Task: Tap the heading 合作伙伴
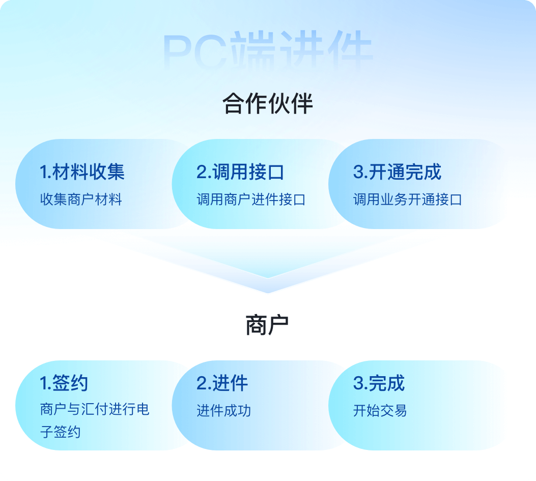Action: click(x=268, y=103)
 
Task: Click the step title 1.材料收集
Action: click(x=82, y=172)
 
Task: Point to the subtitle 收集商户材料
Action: click(x=81, y=200)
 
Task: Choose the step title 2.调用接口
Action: click(x=240, y=172)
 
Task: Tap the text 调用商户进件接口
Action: click(x=251, y=200)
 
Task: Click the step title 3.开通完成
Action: click(x=397, y=172)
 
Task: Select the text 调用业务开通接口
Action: click(x=408, y=200)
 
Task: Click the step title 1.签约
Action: click(x=64, y=383)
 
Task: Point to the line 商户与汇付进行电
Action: click(x=95, y=409)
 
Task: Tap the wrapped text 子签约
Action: click(x=61, y=432)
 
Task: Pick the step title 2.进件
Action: click(x=222, y=383)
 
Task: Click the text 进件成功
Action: click(x=224, y=411)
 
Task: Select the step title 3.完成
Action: click(x=379, y=383)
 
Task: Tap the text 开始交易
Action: click(x=380, y=411)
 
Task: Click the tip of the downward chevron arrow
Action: click(x=268, y=293)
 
